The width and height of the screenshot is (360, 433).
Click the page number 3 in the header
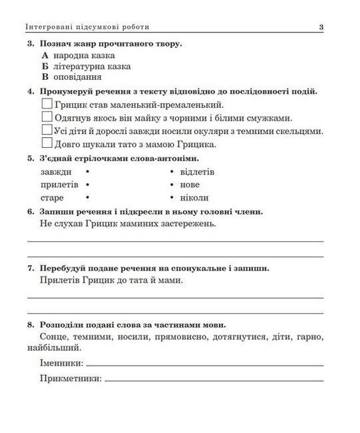pyautogui.click(x=321, y=27)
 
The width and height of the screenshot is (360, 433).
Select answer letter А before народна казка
pyautogui.click(x=45, y=56)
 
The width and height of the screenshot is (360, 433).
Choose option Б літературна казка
pyautogui.click(x=45, y=67)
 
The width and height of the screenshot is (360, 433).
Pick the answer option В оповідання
pyautogui.click(x=45, y=77)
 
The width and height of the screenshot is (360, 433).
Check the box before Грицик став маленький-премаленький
pyautogui.click(x=47, y=105)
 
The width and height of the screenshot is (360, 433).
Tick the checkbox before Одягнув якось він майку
pyautogui.click(x=47, y=117)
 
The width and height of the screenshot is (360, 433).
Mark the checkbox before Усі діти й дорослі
pyautogui.click(x=47, y=131)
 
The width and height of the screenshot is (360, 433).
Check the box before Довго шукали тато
pyautogui.click(x=47, y=143)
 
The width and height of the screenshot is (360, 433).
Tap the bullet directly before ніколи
pyautogui.click(x=172, y=198)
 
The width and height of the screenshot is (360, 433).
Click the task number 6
pyautogui.click(x=31, y=212)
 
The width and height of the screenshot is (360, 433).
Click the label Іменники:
pyautogui.click(x=61, y=363)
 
